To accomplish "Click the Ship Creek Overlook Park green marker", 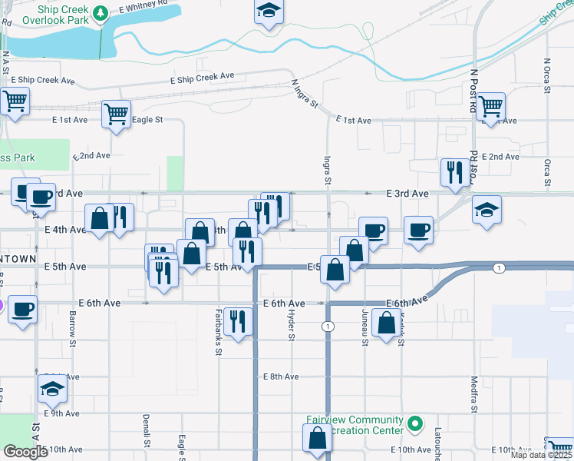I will coord(101,13).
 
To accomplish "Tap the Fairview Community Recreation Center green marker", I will coord(415,423).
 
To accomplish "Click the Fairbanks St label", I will coord(218,332).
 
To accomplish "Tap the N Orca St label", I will coord(547,76).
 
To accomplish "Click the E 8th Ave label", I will coord(280,377).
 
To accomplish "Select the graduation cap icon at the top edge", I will coord(269,11).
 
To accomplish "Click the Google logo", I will coord(25,452).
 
